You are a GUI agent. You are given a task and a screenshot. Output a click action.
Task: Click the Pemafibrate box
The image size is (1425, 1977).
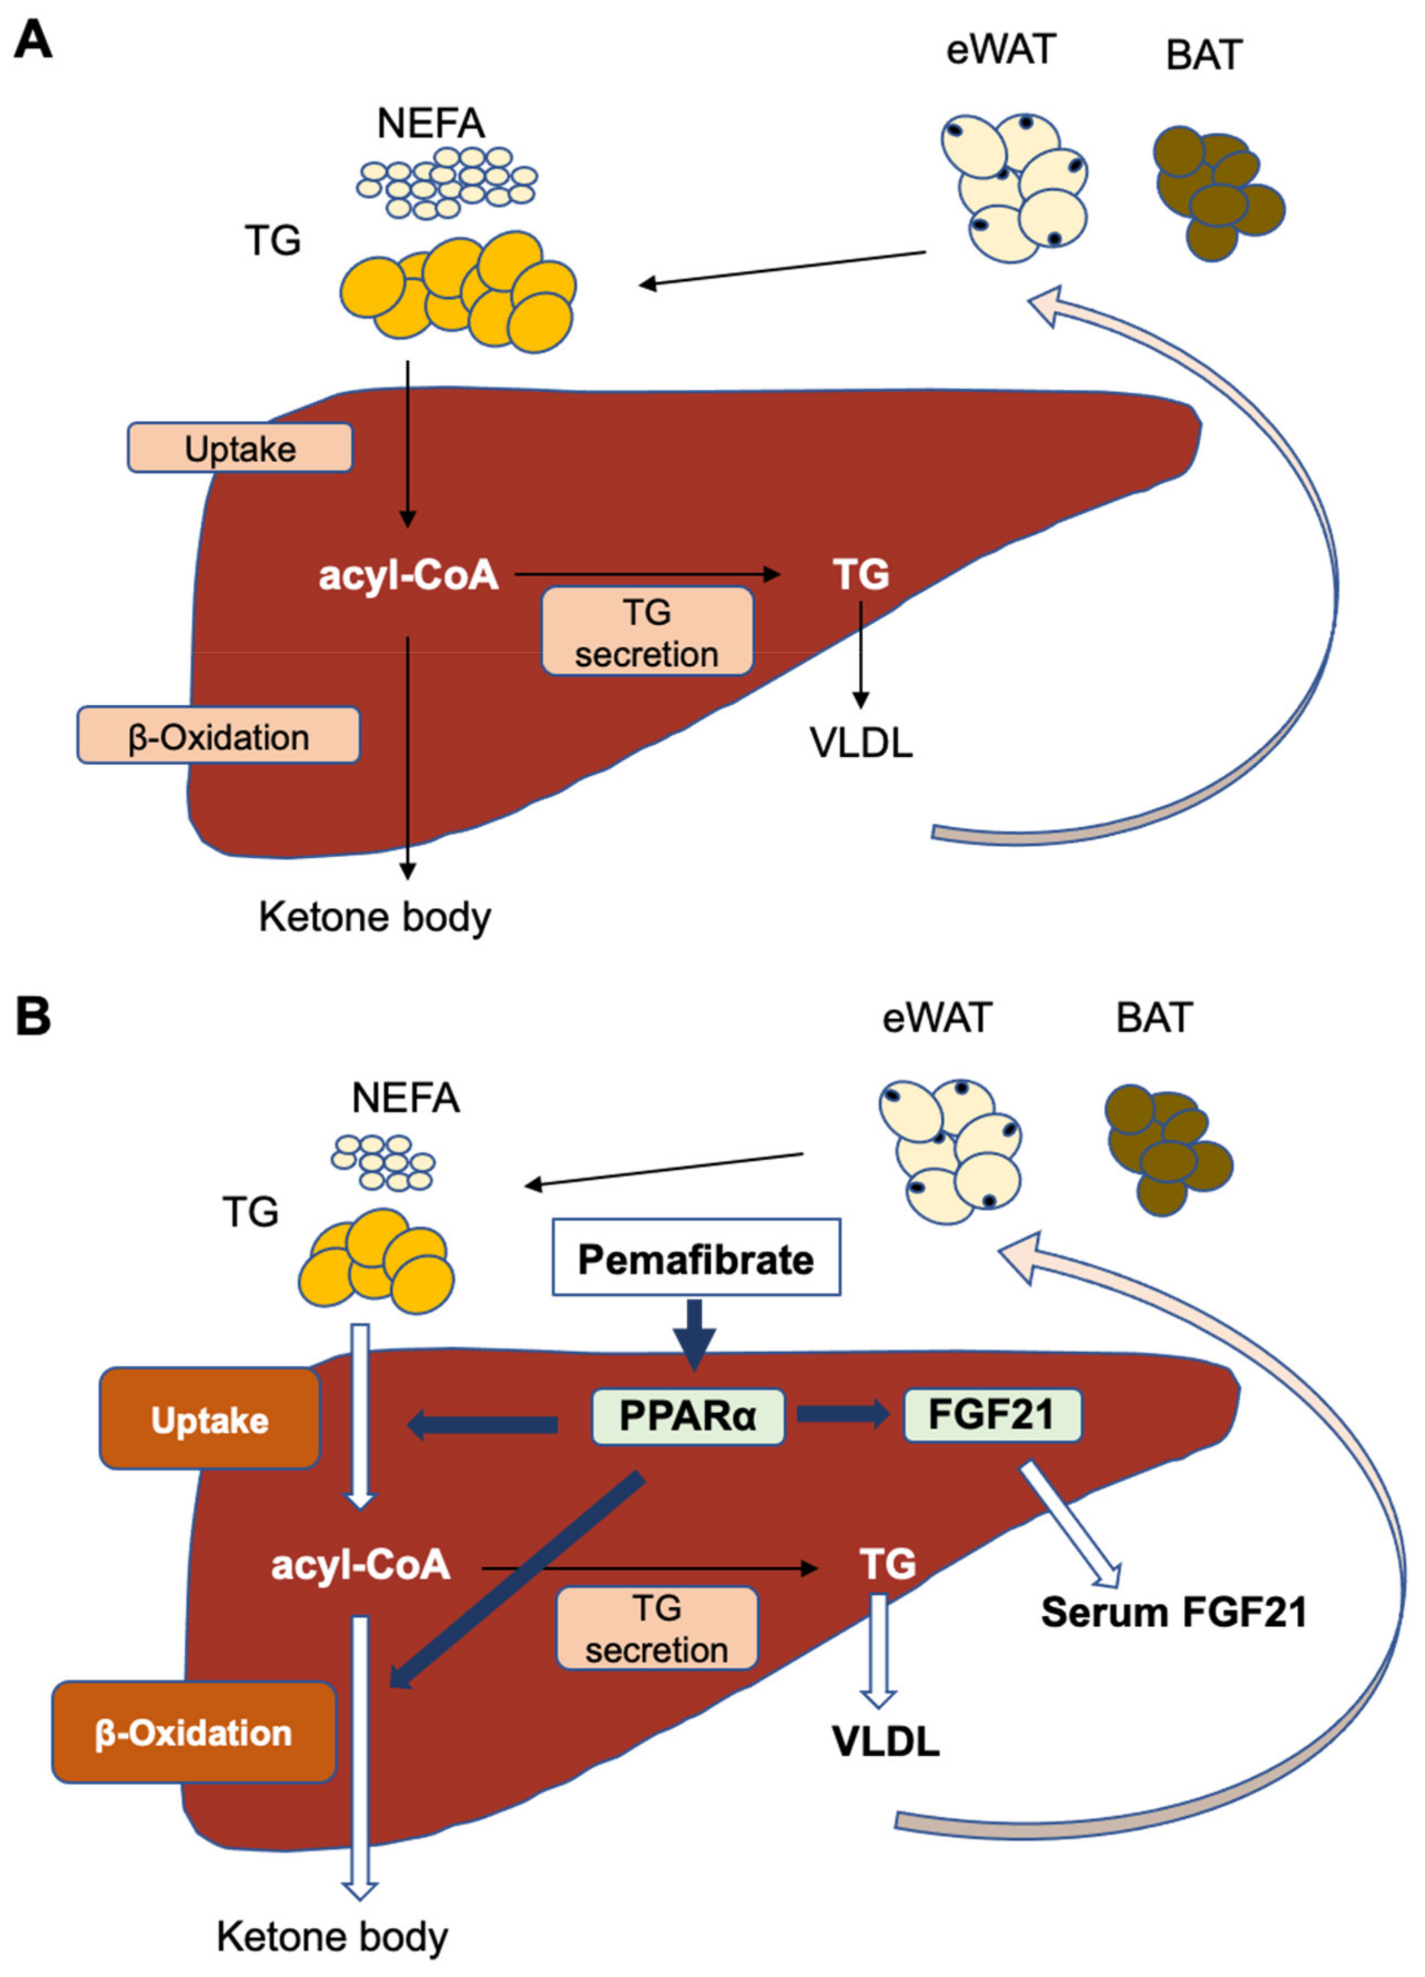pyautogui.click(x=696, y=1257)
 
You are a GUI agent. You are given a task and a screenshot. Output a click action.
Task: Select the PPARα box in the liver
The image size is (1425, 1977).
pyautogui.click(x=688, y=1417)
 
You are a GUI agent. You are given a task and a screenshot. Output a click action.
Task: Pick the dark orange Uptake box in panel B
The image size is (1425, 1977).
pyautogui.click(x=210, y=1419)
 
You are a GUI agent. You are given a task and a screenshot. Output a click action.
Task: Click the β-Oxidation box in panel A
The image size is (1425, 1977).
pyautogui.click(x=219, y=736)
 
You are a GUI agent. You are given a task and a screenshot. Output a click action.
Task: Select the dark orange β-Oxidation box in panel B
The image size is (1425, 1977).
pyautogui.click(x=194, y=1733)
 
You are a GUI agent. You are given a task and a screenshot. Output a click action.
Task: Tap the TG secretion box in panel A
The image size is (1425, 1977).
pyautogui.click(x=647, y=631)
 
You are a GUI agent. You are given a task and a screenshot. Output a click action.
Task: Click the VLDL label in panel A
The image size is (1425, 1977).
pyautogui.click(x=861, y=742)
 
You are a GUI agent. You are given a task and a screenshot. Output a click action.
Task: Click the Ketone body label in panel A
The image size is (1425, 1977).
pyautogui.click(x=375, y=918)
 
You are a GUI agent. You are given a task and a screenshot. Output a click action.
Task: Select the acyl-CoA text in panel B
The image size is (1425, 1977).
pyautogui.click(x=360, y=1565)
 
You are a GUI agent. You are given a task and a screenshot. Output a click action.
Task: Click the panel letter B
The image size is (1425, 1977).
pyautogui.click(x=33, y=1017)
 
